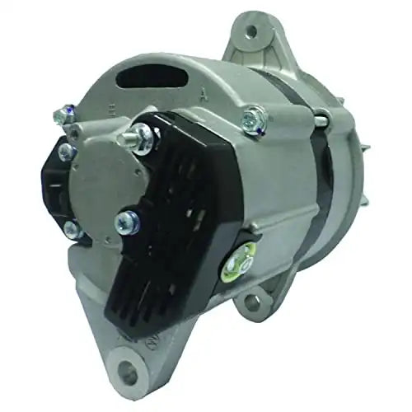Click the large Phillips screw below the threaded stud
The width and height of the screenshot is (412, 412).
[128, 219]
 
